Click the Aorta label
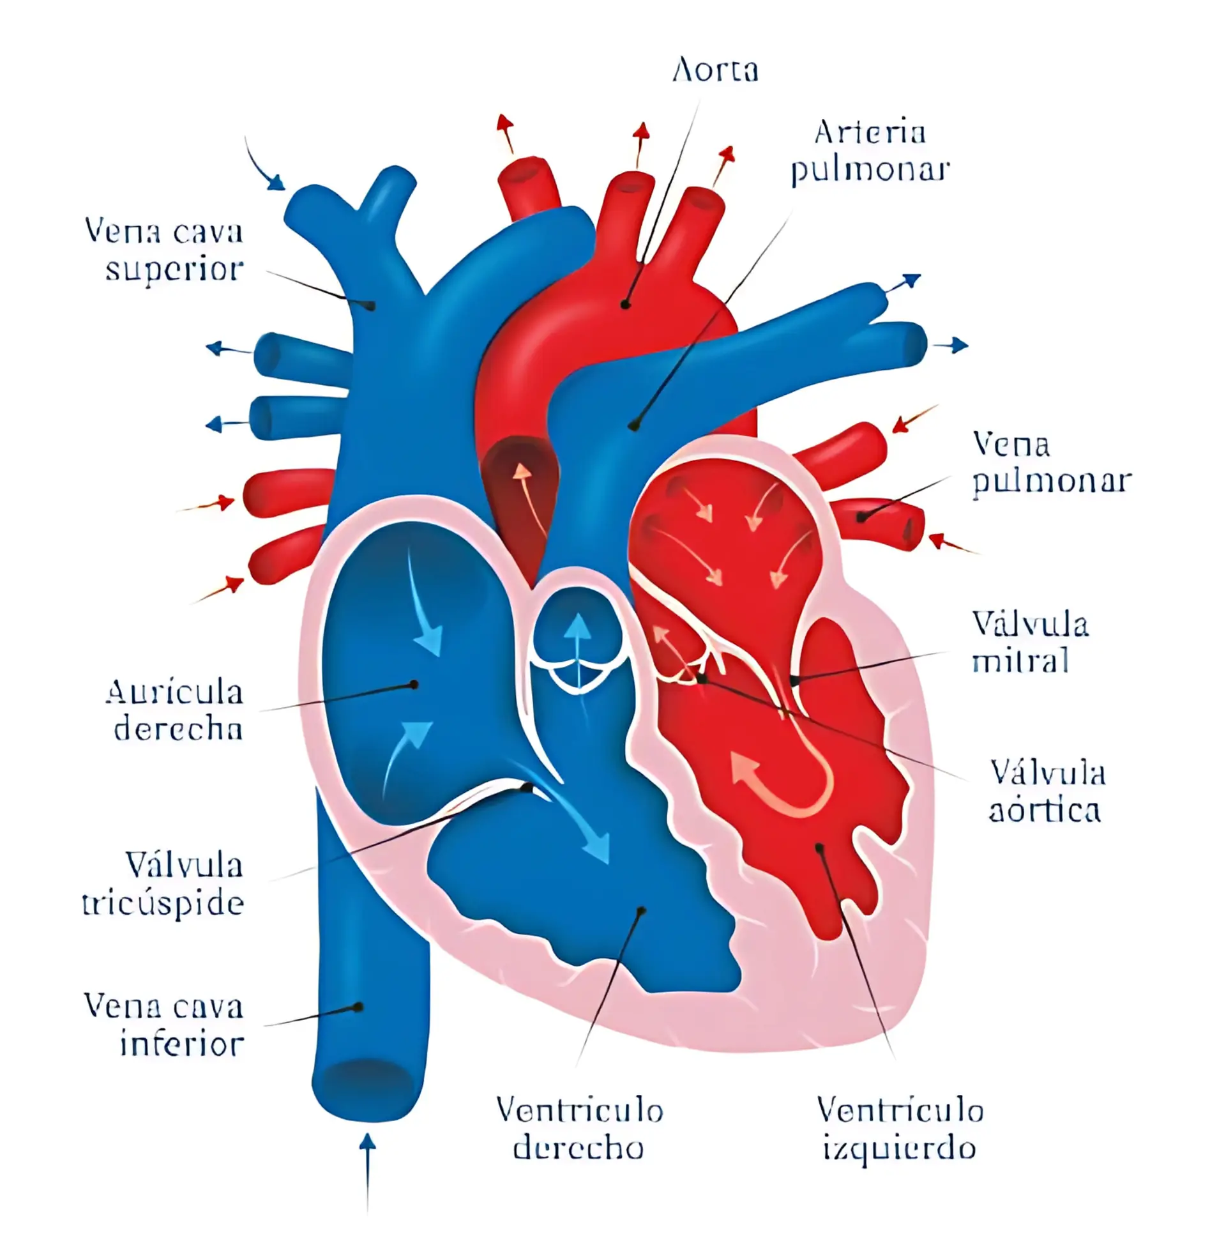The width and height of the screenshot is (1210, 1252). (x=716, y=70)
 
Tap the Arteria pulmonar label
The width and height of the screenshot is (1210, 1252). (x=870, y=151)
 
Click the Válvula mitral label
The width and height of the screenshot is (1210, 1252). (x=1029, y=642)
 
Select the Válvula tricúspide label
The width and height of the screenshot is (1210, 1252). (x=163, y=884)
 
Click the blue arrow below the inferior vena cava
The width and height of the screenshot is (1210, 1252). (x=367, y=1169)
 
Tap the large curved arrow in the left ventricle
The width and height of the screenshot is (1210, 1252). (x=785, y=782)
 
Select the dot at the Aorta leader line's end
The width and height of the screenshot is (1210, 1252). (x=626, y=305)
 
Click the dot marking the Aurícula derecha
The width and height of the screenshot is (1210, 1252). (x=414, y=685)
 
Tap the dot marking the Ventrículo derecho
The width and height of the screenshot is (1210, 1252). (x=642, y=910)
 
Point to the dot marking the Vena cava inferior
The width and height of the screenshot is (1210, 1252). (x=359, y=1007)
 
